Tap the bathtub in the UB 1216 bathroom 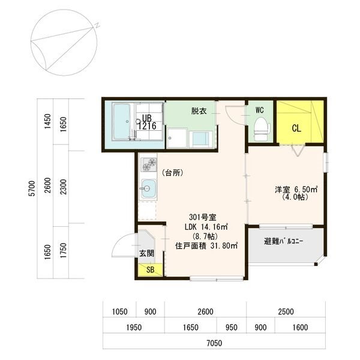(x=122, y=122)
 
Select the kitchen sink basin (x=148, y=189)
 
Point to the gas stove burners (x=149, y=164)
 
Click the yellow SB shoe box (x=151, y=269)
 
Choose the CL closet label (x=296, y=128)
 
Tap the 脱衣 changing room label (x=199, y=111)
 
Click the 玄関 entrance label (x=147, y=253)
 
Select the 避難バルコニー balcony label (x=283, y=241)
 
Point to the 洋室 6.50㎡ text (x=296, y=190)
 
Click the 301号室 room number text (x=202, y=217)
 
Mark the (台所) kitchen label (x=172, y=173)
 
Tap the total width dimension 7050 (x=214, y=343)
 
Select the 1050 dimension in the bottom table (x=119, y=312)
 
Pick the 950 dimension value (x=231, y=328)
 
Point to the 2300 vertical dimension (x=64, y=187)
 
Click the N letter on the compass (x=97, y=25)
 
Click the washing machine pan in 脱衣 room (x=176, y=138)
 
